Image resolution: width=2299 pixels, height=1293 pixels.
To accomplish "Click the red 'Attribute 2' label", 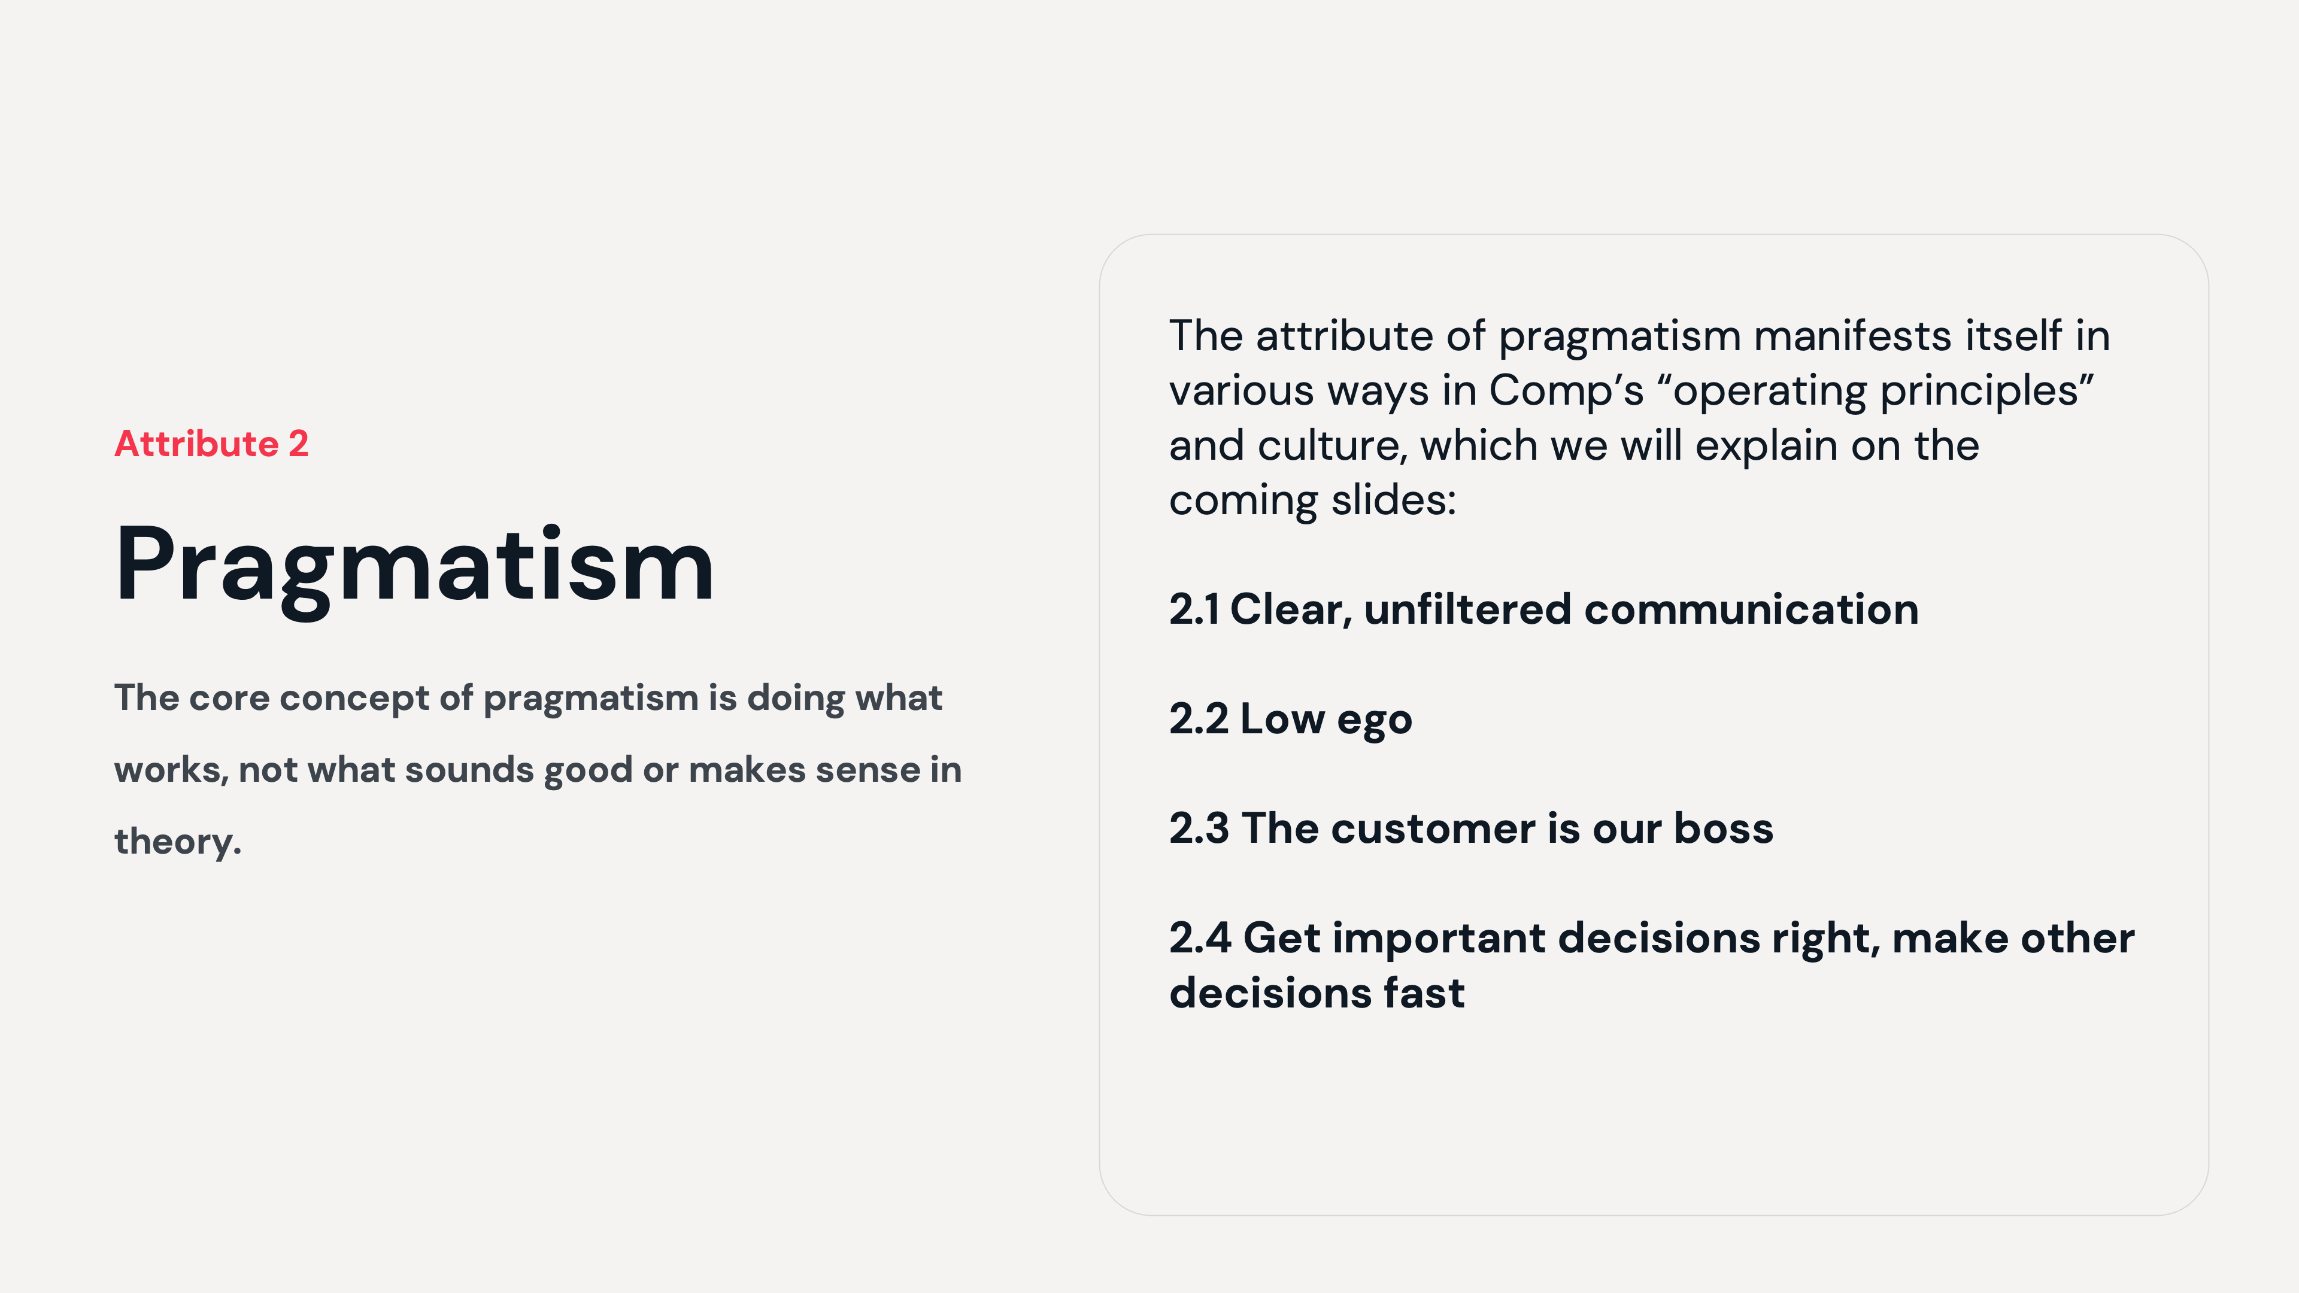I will pyautogui.click(x=211, y=444).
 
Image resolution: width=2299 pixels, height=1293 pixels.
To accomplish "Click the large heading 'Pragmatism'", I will pyautogui.click(x=415, y=566).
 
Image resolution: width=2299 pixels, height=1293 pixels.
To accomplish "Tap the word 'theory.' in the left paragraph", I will pyautogui.click(x=178, y=842).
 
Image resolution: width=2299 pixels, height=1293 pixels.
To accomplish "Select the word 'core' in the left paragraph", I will pyautogui.click(x=229, y=698).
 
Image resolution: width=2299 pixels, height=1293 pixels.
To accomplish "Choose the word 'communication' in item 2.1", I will pyautogui.click(x=1751, y=609).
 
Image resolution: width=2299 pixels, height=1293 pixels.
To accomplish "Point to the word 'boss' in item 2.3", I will pyautogui.click(x=1724, y=829).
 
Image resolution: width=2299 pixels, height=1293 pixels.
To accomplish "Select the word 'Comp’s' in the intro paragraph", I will pyautogui.click(x=1566, y=391).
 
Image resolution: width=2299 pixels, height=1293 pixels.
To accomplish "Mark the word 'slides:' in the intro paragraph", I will pyautogui.click(x=1393, y=500).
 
